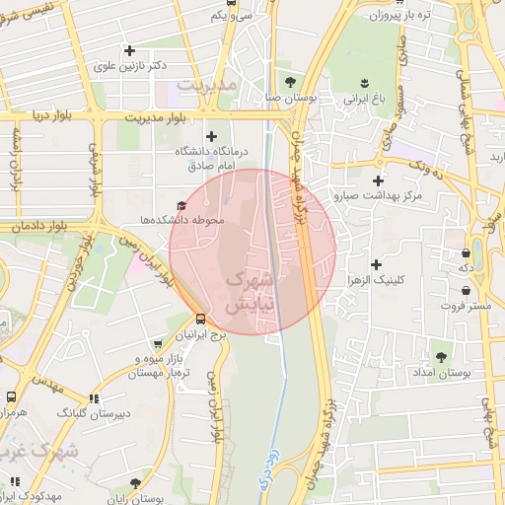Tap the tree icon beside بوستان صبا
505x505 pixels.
[x=289, y=82]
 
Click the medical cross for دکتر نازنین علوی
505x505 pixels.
[x=129, y=50]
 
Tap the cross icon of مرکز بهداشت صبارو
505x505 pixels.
[x=378, y=180]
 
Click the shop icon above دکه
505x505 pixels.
[x=465, y=252]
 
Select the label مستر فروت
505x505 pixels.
[x=466, y=308]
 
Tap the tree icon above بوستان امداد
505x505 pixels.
[x=441, y=358]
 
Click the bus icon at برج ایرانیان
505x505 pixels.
[x=201, y=319]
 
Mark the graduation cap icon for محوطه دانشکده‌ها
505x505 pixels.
[x=180, y=204]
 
